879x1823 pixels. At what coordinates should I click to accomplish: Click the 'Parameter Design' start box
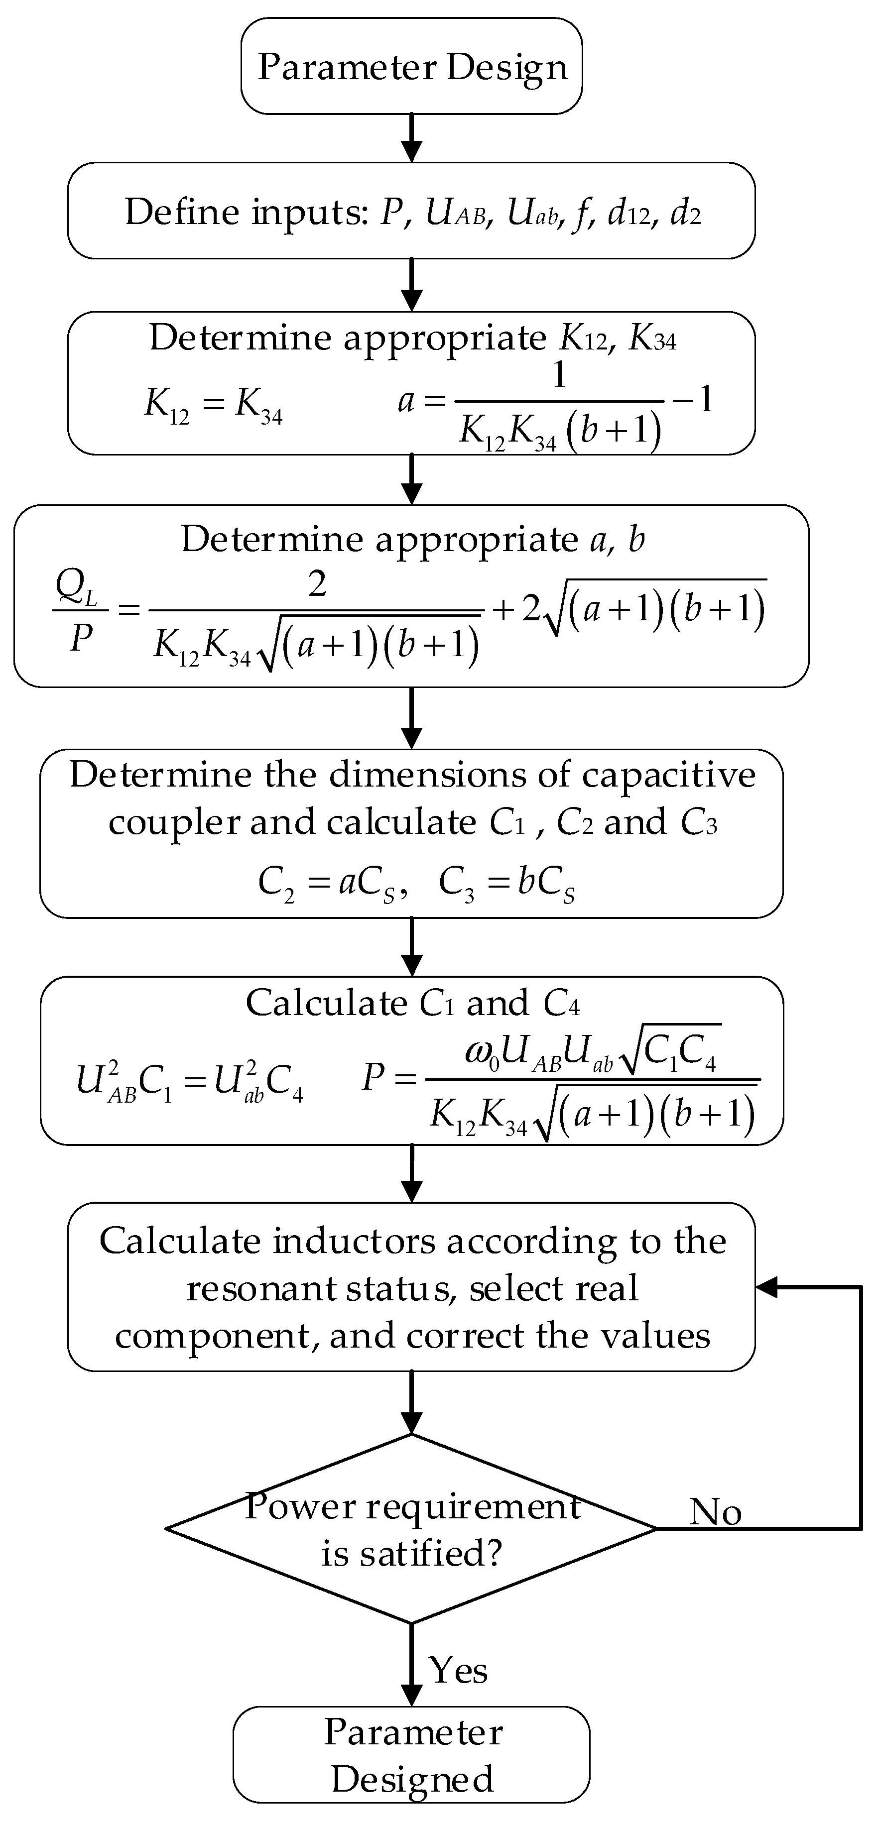click(x=411, y=67)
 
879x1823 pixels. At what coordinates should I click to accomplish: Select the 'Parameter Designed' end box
click(x=411, y=1755)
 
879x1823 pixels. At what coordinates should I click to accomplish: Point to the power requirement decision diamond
click(x=411, y=1529)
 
